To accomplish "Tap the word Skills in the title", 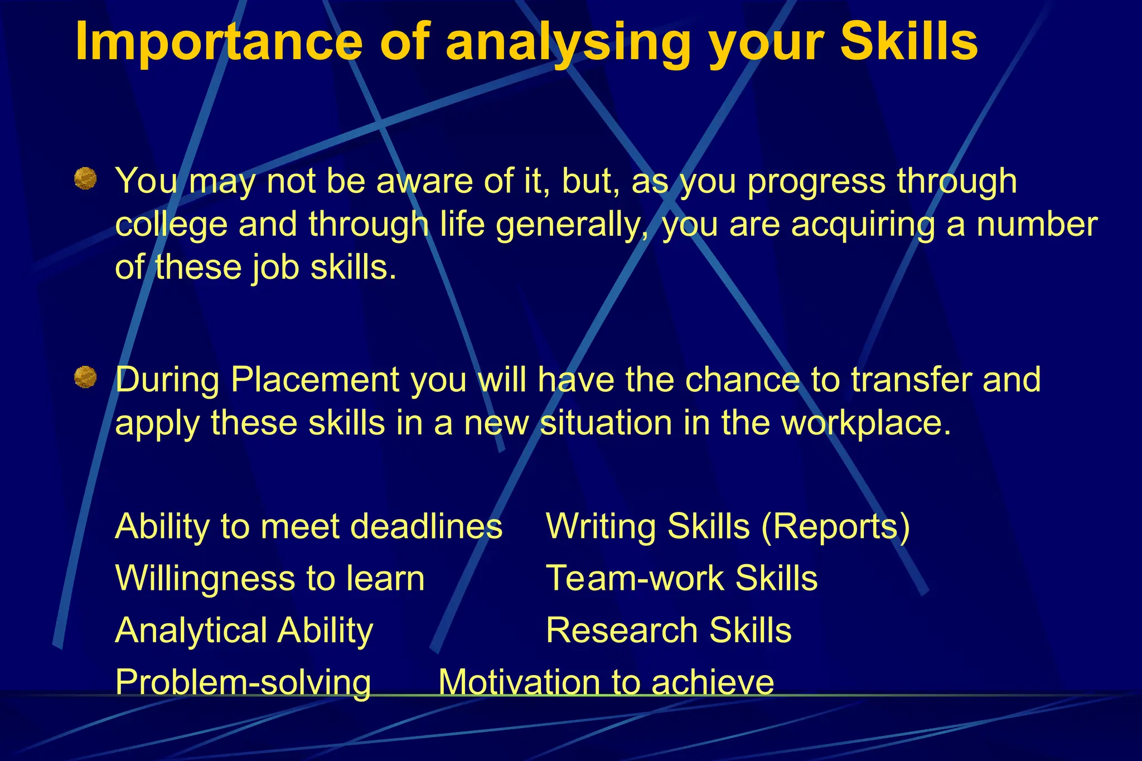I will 908,42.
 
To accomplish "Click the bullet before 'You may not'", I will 85,179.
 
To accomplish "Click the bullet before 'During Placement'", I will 85,377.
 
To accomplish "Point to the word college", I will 171,225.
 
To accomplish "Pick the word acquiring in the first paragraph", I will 863,225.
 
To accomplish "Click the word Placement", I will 314,380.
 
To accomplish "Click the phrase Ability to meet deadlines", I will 308,526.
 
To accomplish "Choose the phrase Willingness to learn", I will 270,578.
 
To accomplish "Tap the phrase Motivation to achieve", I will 606,682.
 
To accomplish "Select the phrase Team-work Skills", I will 681,578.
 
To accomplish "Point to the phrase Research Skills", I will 668,631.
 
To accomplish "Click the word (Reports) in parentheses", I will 835,526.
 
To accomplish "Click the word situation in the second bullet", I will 606,423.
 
